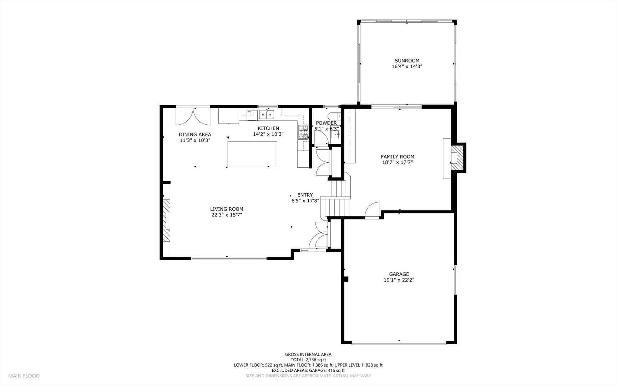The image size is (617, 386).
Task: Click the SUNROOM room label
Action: click(407, 61)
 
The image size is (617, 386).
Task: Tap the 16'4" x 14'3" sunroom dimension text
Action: click(407, 66)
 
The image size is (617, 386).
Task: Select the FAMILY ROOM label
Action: click(397, 157)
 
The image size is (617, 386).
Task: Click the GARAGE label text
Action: click(399, 274)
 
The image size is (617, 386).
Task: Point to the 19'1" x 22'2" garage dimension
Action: click(399, 280)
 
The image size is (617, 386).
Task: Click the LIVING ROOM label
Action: click(227, 209)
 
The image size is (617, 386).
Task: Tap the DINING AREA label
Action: click(195, 134)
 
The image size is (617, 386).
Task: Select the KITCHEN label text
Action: click(268, 128)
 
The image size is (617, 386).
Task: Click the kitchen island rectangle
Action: click(252, 154)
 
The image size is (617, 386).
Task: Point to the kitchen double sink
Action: click(267, 114)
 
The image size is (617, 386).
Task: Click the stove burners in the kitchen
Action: click(303, 132)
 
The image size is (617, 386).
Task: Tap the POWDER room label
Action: click(326, 123)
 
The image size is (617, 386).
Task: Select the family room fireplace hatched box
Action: click(457, 158)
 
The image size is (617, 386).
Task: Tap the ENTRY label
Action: click(305, 195)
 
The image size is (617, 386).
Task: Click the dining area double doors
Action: click(193, 116)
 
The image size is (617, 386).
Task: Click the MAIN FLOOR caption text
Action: click(24, 376)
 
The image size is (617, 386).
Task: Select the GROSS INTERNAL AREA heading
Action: click(308, 355)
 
